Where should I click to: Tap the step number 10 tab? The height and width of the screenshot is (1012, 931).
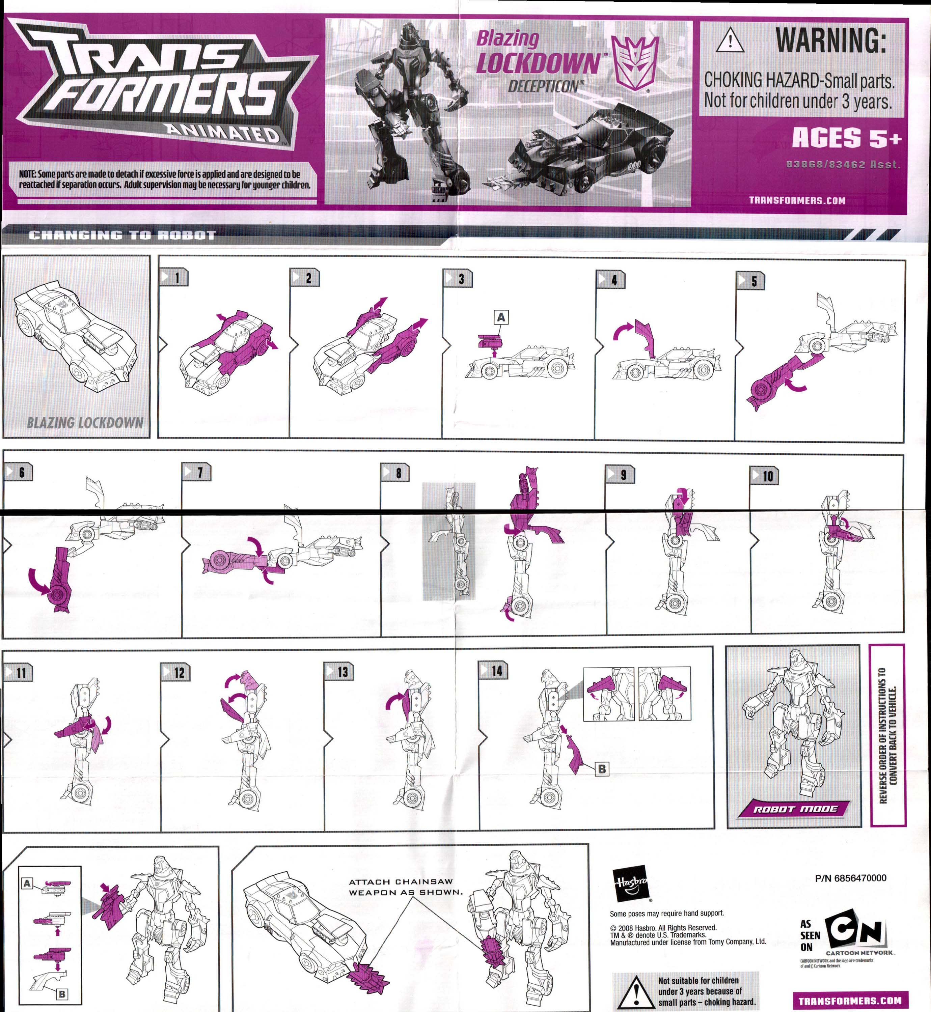pyautogui.click(x=764, y=476)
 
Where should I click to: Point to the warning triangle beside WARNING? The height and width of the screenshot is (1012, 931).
pyautogui.click(x=730, y=41)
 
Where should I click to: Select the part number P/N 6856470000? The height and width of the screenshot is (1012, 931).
pyautogui.click(x=850, y=878)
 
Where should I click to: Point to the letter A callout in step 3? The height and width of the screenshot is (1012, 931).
pyautogui.click(x=501, y=317)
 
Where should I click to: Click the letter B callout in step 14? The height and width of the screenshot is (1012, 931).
pyautogui.click(x=602, y=769)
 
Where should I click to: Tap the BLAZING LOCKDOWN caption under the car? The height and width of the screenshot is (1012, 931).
pyautogui.click(x=85, y=422)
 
